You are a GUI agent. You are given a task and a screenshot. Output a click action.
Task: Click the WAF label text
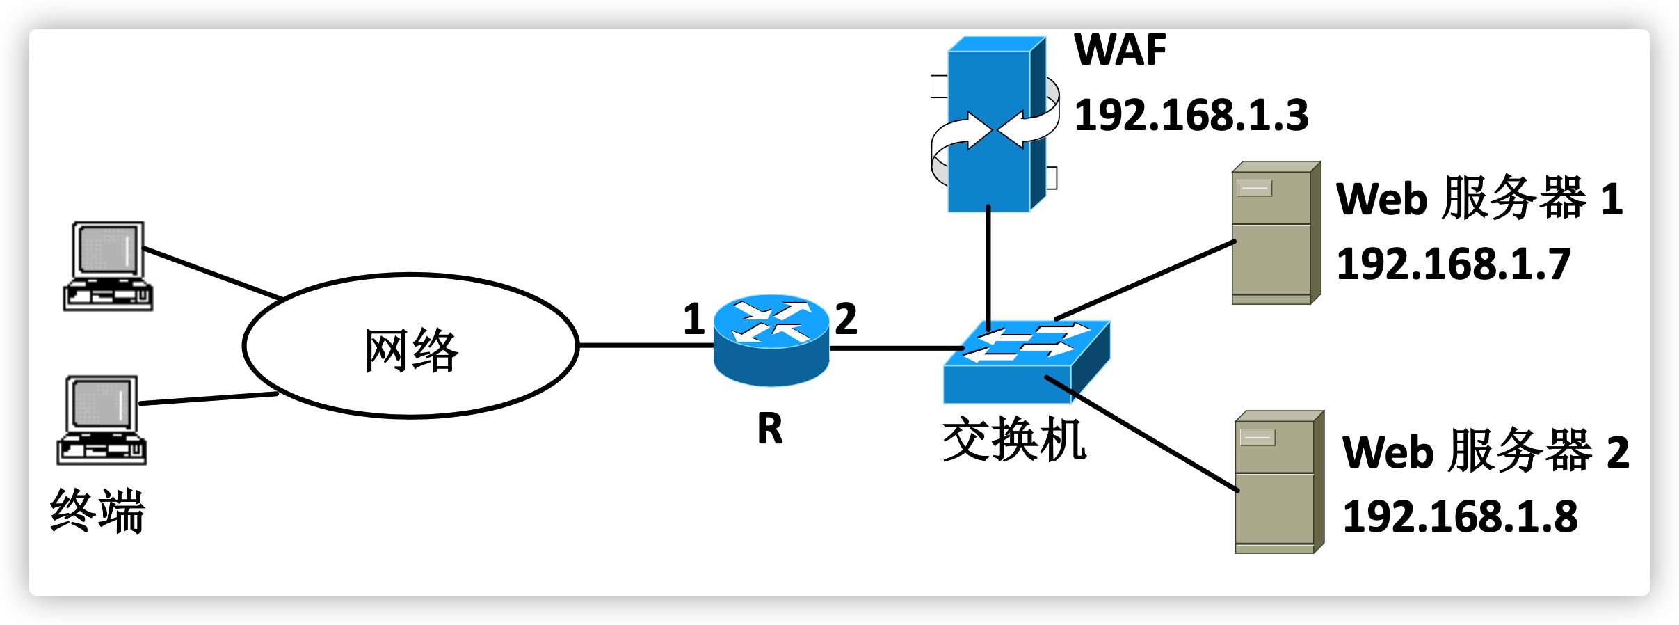point(1120,50)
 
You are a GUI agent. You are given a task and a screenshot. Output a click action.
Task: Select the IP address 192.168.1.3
point(1191,116)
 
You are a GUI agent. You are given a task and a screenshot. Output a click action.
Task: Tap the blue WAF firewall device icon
point(995,125)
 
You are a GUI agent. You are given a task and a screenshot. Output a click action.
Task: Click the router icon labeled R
point(771,340)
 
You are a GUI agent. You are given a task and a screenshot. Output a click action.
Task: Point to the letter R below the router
point(770,429)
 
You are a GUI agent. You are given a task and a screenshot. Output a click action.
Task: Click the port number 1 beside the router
point(693,319)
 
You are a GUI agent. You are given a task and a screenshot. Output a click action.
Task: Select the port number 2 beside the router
point(846,319)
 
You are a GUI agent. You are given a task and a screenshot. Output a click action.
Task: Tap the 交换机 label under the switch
point(1014,440)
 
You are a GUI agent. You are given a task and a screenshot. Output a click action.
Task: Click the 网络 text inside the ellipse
point(412,350)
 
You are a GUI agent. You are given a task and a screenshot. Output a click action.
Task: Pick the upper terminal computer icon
point(109,266)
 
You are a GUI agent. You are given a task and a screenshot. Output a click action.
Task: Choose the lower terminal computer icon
point(102,420)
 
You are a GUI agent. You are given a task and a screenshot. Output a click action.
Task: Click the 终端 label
point(97,511)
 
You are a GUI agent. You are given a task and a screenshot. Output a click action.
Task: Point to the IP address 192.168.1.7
point(1454,264)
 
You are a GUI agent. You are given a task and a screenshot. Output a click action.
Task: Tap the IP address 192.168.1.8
point(1460,517)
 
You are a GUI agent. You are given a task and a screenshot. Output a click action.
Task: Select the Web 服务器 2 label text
point(1486,452)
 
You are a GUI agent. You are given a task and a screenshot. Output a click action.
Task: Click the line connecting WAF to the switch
point(988,264)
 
